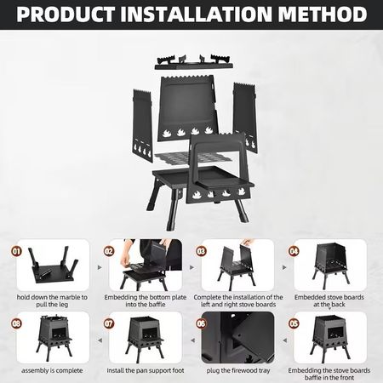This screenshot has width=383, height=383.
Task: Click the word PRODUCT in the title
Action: pos(67,14)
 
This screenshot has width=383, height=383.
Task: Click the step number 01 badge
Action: pos(16,252)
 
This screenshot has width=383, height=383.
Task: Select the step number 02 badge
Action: pos(109,252)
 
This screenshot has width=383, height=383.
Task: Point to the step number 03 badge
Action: pos(202,252)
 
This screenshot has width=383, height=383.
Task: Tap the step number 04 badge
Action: pos(294,252)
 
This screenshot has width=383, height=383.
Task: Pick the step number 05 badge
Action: pos(294,324)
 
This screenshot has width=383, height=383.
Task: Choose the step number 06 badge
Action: pos(202,324)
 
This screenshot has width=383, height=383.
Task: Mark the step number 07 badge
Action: pos(109,324)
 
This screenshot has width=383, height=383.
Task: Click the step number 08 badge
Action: pos(16,324)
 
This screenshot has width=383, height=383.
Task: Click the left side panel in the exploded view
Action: pos(140,123)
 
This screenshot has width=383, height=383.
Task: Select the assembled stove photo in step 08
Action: pos(49,340)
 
